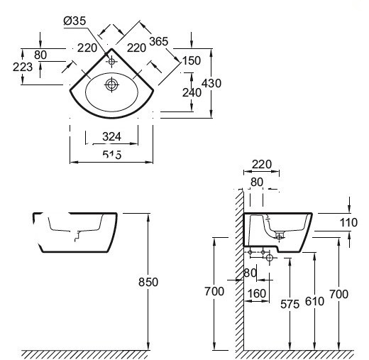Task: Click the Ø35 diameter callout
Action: click(x=75, y=21)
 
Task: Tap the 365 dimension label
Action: click(x=158, y=41)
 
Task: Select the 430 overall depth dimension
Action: click(x=211, y=83)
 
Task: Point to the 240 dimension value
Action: click(x=192, y=92)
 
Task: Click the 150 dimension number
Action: click(x=192, y=60)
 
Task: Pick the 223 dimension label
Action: click(x=23, y=67)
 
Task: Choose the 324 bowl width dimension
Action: click(x=111, y=136)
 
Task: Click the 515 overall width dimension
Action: click(x=112, y=155)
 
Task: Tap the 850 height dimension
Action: click(x=148, y=282)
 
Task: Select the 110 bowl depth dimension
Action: click(x=348, y=222)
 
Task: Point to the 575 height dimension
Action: click(x=290, y=304)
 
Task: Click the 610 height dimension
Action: click(x=314, y=301)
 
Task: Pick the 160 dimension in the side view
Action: click(x=257, y=294)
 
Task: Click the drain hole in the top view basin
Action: click(x=111, y=84)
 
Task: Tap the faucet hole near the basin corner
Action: click(x=111, y=62)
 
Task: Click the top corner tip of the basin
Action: click(x=111, y=48)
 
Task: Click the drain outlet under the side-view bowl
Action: click(x=280, y=236)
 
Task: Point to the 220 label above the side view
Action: click(x=262, y=164)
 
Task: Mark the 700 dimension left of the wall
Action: click(x=214, y=291)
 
